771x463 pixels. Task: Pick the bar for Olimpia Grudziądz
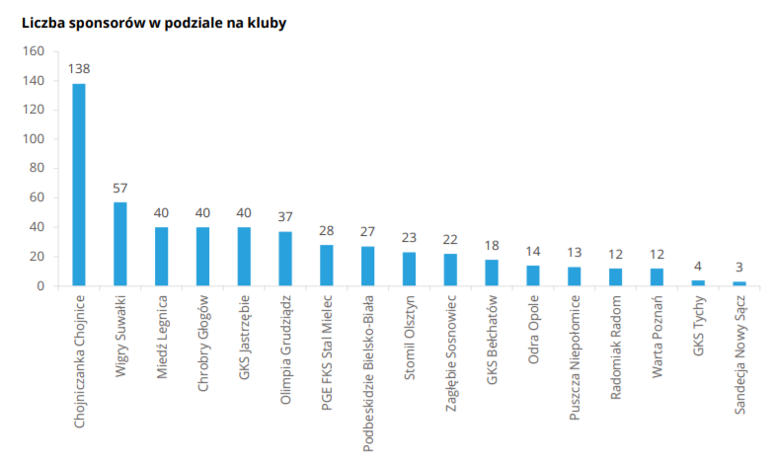pos(285,259)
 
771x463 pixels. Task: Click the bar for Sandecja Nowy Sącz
pos(739,283)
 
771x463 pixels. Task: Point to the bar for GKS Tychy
pos(698,282)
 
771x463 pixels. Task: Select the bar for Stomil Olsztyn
pos(409,269)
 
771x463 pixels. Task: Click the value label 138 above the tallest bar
pos(79,70)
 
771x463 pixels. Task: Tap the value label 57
pos(120,189)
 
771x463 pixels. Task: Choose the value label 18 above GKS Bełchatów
pos(492,246)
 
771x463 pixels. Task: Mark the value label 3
pos(739,268)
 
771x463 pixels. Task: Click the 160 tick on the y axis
pos(34,51)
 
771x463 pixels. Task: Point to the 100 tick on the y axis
pos(34,139)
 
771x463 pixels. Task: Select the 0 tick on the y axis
pos(40,286)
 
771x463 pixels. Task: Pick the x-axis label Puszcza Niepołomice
pos(574,356)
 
